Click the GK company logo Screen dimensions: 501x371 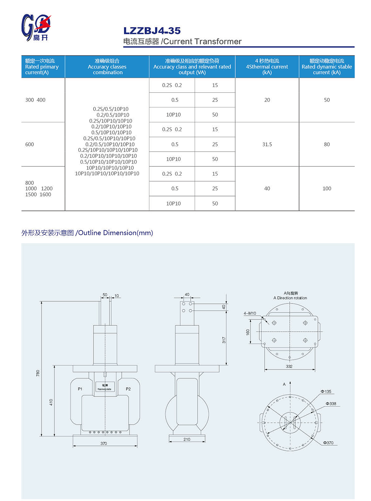pyautogui.click(x=36, y=27)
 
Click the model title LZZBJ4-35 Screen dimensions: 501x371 pyautogui.click(x=152, y=31)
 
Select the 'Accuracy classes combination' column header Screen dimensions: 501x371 pyautogui.click(x=107, y=67)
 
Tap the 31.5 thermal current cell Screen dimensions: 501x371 pyautogui.click(x=267, y=144)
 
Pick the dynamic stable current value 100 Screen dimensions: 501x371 pyautogui.click(x=326, y=189)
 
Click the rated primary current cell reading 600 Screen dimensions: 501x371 pyautogui.click(x=30, y=144)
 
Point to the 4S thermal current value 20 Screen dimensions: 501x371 pyautogui.click(x=267, y=100)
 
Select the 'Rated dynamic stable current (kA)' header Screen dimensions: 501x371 pyautogui.click(x=326, y=67)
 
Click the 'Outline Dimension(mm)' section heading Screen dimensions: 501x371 pyautogui.click(x=87, y=233)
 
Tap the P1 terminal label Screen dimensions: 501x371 pyautogui.click(x=80, y=389)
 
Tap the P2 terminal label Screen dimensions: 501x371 pyautogui.click(x=128, y=389)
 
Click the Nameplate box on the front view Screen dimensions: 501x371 pyautogui.click(x=105, y=387)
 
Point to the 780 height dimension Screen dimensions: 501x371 pyautogui.click(x=38, y=373)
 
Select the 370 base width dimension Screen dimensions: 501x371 pyautogui.click(x=104, y=443)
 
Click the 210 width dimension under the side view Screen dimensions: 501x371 pyautogui.click(x=187, y=439)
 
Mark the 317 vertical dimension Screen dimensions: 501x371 pyautogui.click(x=224, y=340)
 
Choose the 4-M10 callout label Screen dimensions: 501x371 pyautogui.click(x=250, y=313)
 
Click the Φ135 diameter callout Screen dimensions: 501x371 pyautogui.click(x=326, y=391)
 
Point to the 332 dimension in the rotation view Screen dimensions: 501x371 pyautogui.click(x=289, y=366)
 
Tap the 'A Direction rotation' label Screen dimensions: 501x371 pyautogui.click(x=290, y=296)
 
